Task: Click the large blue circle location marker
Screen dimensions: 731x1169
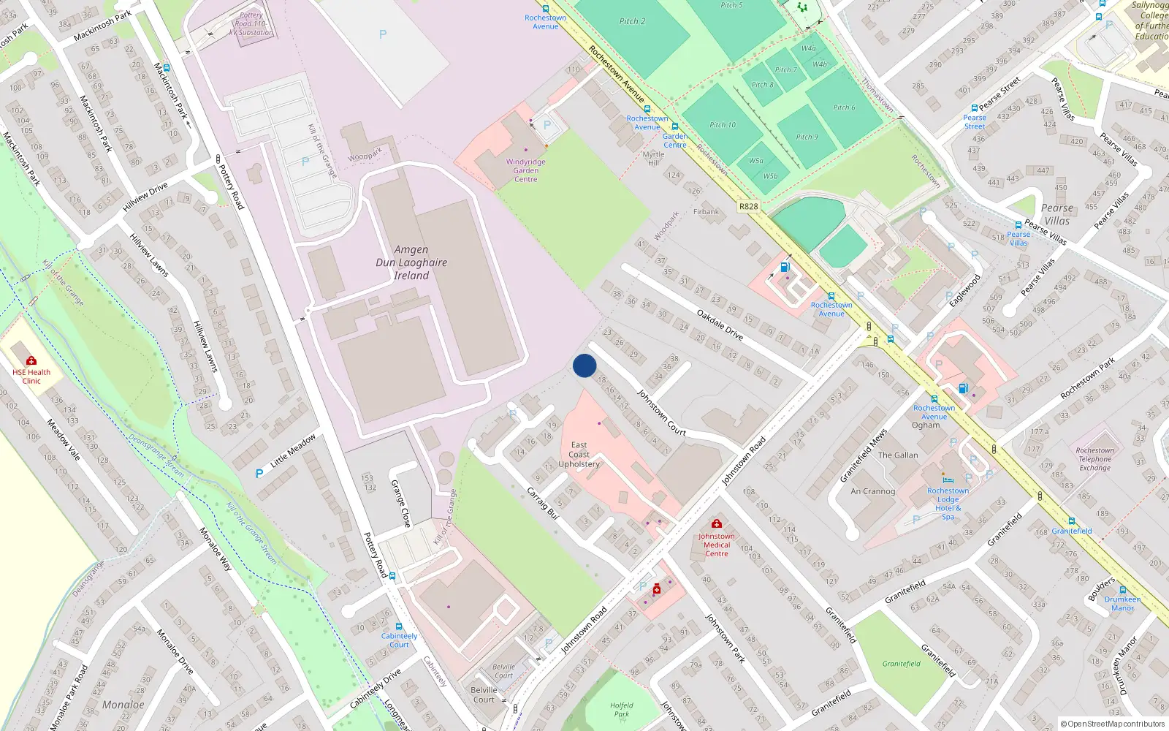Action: tap(584, 365)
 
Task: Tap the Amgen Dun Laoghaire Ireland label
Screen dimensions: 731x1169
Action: tap(411, 262)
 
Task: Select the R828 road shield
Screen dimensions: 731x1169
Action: tap(748, 206)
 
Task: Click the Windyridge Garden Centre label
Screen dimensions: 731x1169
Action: tap(526, 170)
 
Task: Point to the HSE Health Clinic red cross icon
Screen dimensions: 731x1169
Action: tap(31, 360)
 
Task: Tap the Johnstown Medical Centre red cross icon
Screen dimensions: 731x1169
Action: tap(717, 523)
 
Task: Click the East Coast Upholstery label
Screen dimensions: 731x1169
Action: tap(579, 454)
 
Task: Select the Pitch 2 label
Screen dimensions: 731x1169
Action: tap(633, 21)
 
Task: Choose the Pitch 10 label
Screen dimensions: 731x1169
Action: tap(723, 124)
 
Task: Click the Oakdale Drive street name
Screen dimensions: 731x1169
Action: tap(720, 325)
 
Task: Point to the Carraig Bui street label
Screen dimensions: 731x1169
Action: tap(543, 503)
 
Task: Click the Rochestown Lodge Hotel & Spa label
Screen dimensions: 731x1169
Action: tap(948, 504)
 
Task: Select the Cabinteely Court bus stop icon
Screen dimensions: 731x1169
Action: tap(399, 626)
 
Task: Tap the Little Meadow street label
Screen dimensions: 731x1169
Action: tap(293, 450)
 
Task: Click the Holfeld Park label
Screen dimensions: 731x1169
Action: tap(622, 710)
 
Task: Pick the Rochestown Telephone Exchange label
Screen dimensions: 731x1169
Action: tap(1095, 459)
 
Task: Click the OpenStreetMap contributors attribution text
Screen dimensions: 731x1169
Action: tap(1113, 724)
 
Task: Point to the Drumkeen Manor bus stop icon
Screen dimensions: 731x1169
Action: tap(1123, 590)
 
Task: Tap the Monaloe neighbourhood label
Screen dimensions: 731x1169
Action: tap(123, 705)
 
